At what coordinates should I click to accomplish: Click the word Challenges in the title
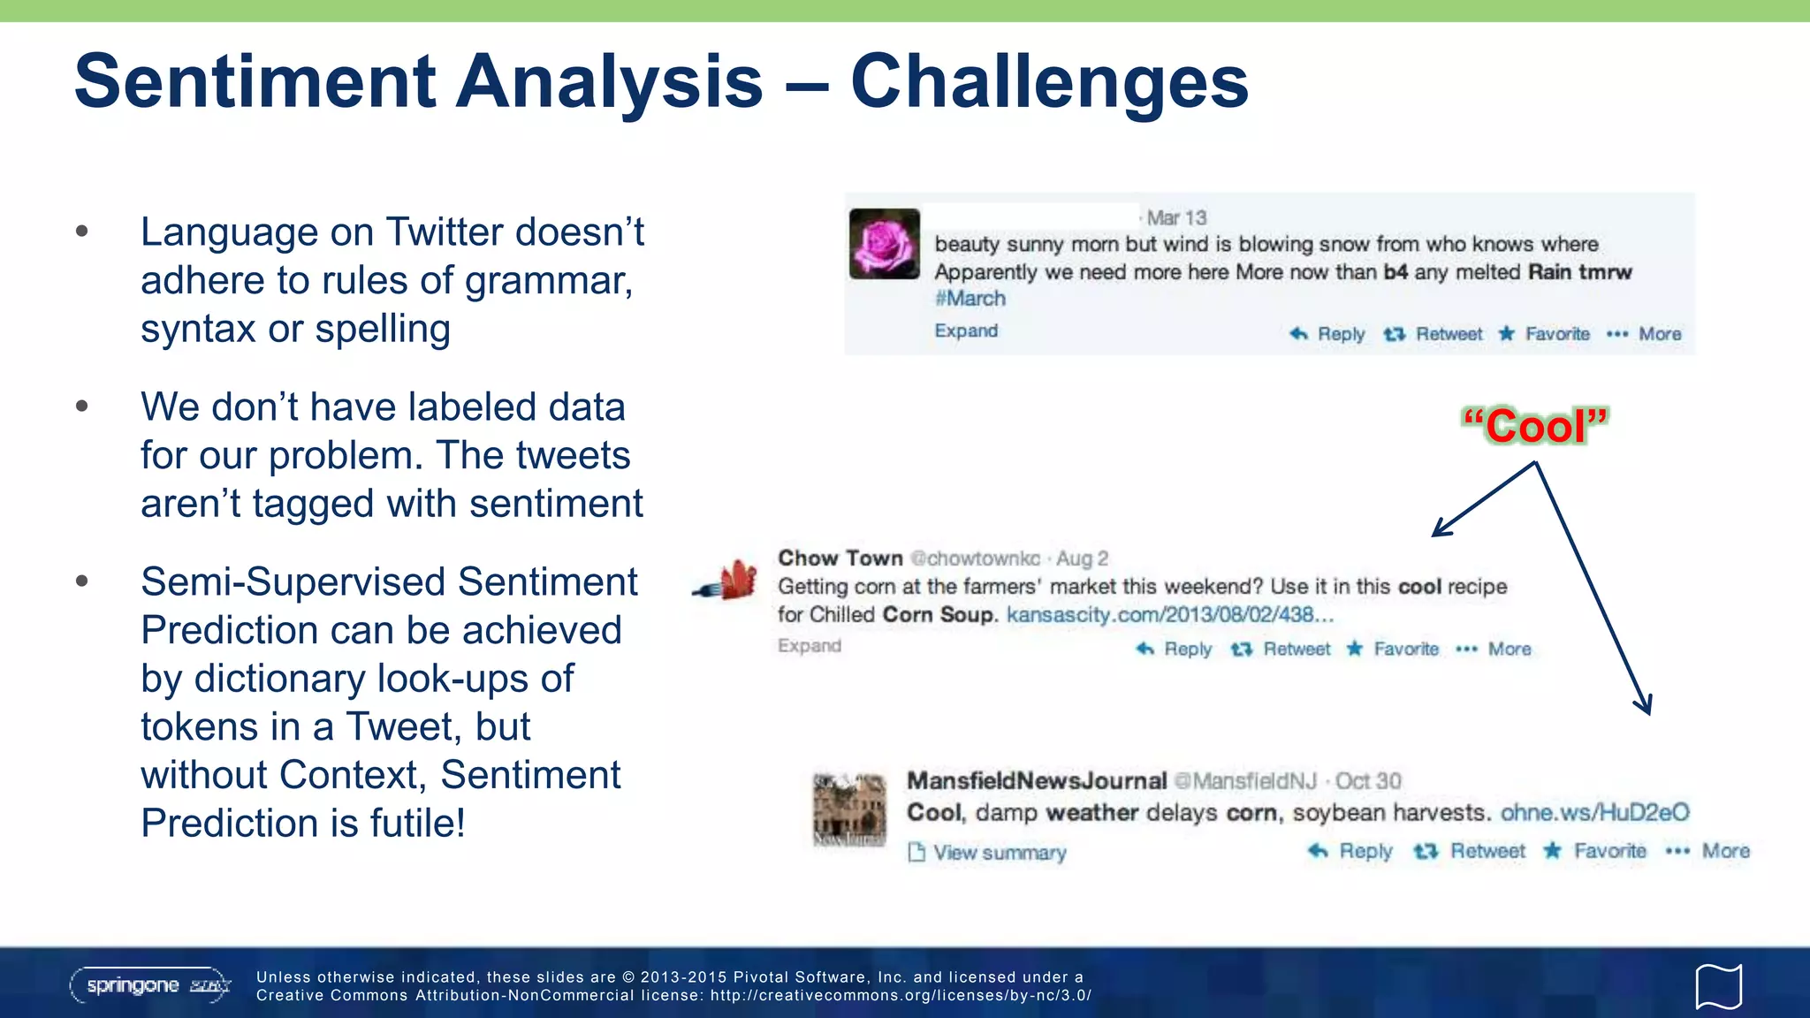click(x=1049, y=81)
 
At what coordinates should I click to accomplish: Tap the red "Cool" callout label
click(x=1535, y=426)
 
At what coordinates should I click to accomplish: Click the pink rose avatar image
click(x=884, y=244)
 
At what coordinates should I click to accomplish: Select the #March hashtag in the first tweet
click(x=970, y=299)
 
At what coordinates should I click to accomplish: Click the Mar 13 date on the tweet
click(x=1176, y=217)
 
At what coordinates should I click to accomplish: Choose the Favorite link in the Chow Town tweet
click(x=1396, y=649)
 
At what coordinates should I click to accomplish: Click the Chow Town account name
click(x=840, y=558)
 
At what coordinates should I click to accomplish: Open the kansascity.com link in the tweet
click(x=1169, y=615)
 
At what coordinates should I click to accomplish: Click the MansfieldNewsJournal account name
click(x=1036, y=781)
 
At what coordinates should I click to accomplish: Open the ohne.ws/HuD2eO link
click(x=1594, y=812)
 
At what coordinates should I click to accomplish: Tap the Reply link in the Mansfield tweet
click(x=1353, y=851)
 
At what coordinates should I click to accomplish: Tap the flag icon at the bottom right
click(x=1718, y=985)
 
